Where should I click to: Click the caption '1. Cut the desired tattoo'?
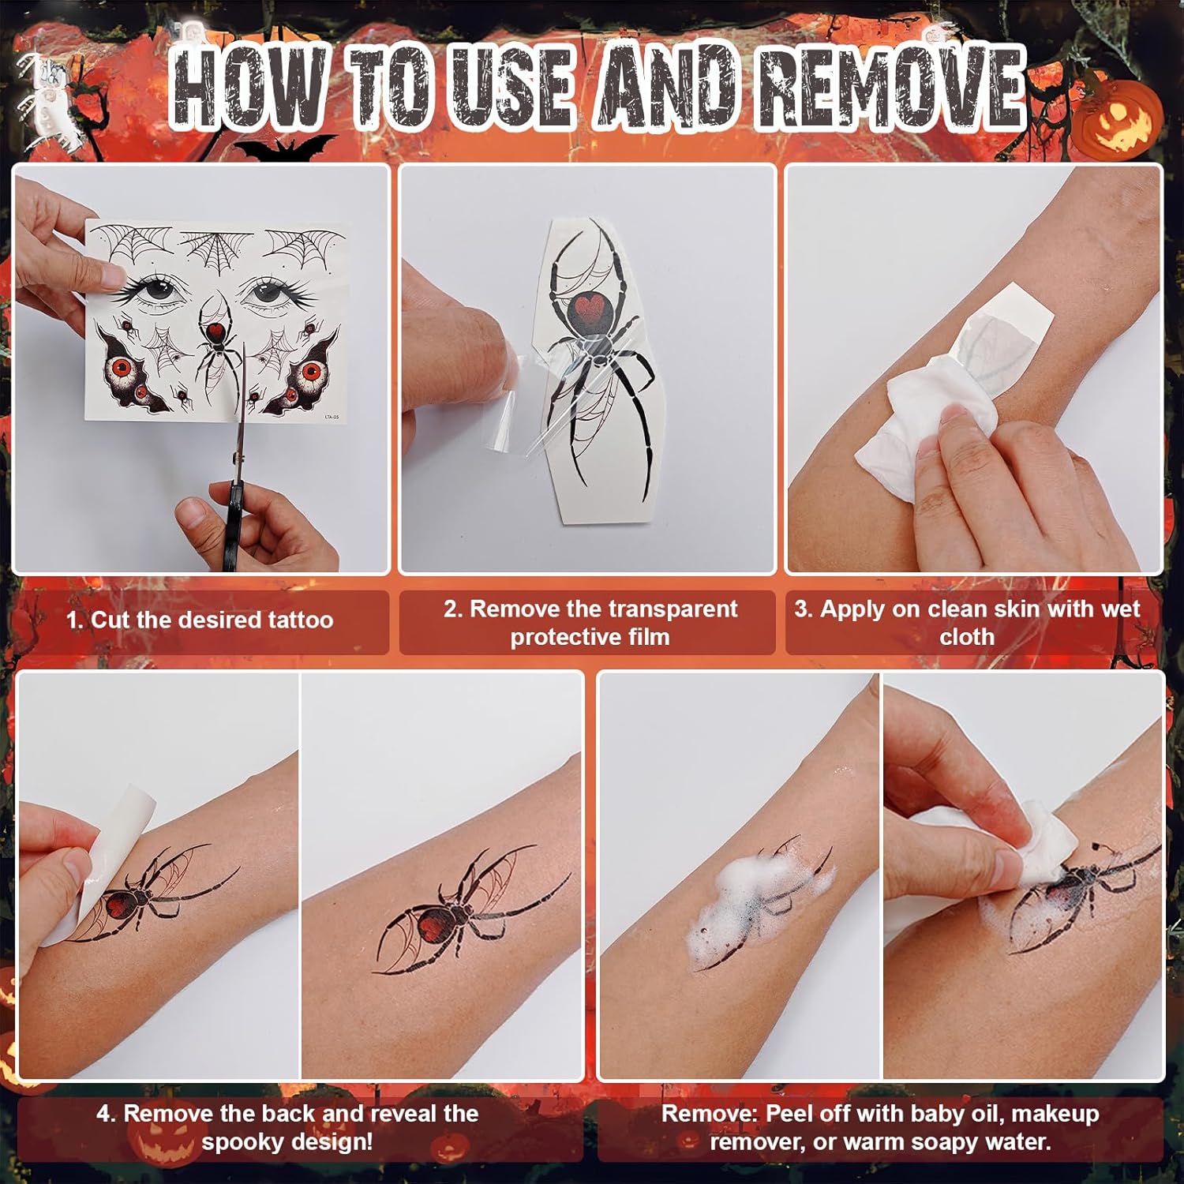click(x=200, y=620)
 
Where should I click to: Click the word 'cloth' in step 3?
click(x=966, y=637)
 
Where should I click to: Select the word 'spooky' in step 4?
click(x=245, y=1142)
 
